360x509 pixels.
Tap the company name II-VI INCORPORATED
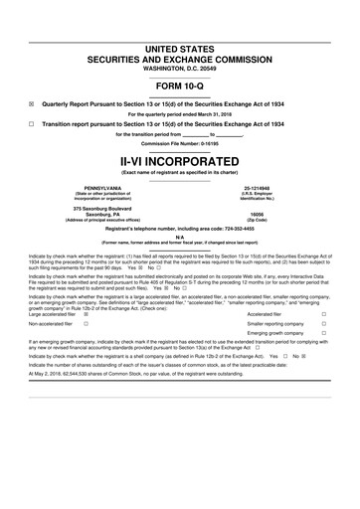[180, 159]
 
